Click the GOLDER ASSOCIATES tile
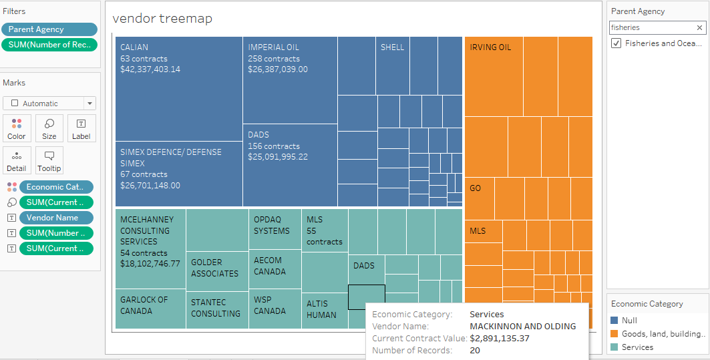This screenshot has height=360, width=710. [x=217, y=267]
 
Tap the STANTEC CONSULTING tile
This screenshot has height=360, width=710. [x=217, y=309]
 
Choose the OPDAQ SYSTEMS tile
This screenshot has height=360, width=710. [x=275, y=228]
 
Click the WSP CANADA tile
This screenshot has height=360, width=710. [x=275, y=309]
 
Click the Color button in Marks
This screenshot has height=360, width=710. [x=17, y=128]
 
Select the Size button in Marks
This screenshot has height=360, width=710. [x=49, y=128]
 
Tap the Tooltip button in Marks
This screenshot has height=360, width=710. [x=49, y=160]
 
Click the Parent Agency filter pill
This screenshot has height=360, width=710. [x=49, y=29]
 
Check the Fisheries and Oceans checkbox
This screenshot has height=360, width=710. [x=616, y=43]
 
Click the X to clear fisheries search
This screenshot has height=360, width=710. [x=699, y=27]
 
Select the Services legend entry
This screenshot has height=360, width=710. [x=637, y=347]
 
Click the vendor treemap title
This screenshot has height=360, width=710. [x=162, y=19]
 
